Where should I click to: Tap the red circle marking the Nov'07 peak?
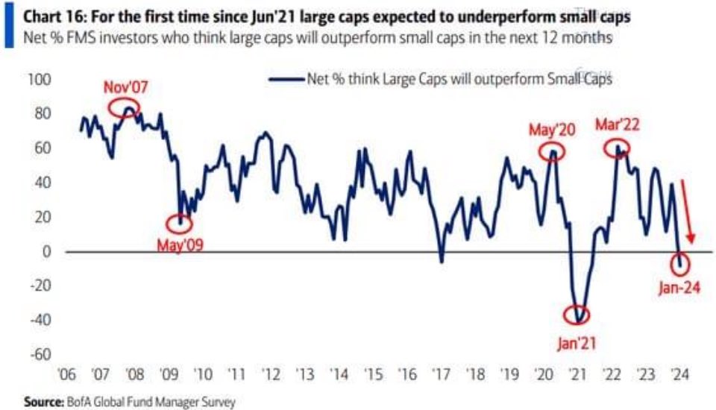124,108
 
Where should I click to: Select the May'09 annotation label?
179,244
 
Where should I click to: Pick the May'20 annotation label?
553,130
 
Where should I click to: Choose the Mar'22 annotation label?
618,124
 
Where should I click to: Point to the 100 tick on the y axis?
39,79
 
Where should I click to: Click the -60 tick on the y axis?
37,354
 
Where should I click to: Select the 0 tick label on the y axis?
45,251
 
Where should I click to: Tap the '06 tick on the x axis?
65,374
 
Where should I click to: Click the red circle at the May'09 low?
179,221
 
